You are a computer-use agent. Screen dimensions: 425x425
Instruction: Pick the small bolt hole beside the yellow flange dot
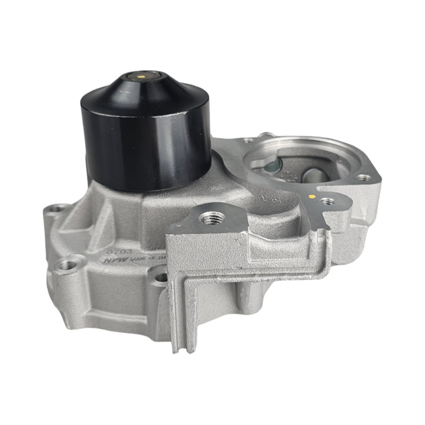(x=325, y=202)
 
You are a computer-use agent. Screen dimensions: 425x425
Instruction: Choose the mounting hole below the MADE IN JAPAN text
(x=161, y=276)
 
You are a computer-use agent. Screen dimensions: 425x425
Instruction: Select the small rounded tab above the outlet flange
(x=267, y=135)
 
